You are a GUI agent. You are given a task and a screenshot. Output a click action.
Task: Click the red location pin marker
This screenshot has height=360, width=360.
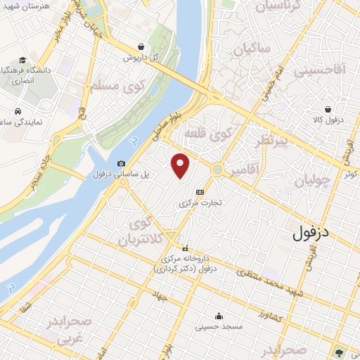pyautogui.click(x=181, y=165)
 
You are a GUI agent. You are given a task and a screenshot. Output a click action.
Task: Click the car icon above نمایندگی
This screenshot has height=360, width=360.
pyautogui.click(x=17, y=110)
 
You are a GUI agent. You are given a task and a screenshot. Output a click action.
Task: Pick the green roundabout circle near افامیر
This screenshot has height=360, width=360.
pyautogui.click(x=218, y=169)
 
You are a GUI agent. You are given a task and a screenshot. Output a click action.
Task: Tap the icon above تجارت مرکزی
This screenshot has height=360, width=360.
pyautogui.click(x=200, y=191)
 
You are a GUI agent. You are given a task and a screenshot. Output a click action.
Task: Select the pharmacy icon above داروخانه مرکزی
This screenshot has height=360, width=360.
pyautogui.click(x=186, y=248)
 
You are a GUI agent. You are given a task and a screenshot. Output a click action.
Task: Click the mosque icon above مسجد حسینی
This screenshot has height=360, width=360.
pyautogui.click(x=219, y=316)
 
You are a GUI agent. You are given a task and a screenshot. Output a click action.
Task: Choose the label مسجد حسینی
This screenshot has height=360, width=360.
pyautogui.click(x=220, y=327)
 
